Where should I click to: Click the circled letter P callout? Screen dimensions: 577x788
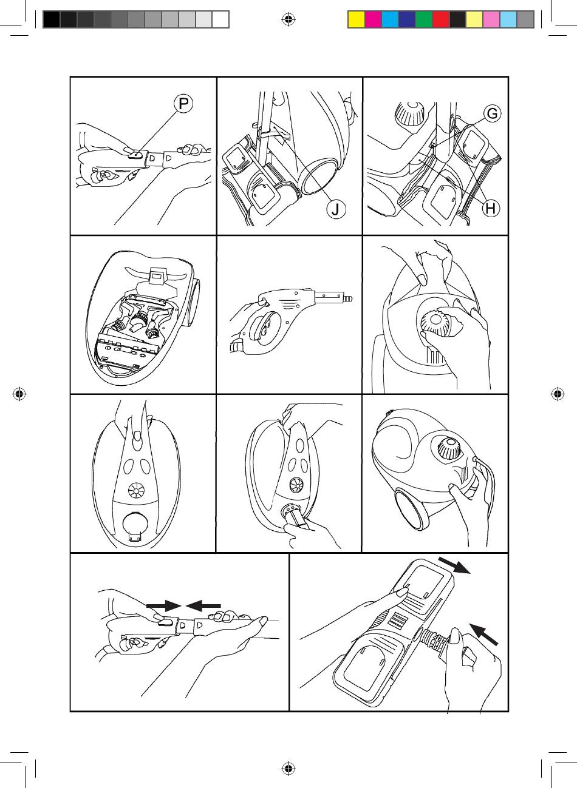click(183, 104)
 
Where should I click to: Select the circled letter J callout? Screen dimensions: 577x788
click(335, 209)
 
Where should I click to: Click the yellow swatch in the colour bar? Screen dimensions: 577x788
click(356, 20)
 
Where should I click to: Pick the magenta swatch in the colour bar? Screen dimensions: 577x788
click(373, 20)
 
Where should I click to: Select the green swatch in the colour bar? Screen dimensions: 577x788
click(423, 20)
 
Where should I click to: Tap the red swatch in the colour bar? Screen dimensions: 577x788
click(440, 20)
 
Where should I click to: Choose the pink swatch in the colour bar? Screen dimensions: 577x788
click(491, 20)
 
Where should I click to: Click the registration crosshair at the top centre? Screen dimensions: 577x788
click(288, 20)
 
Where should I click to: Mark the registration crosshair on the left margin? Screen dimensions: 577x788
click(20, 394)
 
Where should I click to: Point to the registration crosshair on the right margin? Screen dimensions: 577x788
click(557, 394)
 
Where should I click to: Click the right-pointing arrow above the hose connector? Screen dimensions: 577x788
click(164, 605)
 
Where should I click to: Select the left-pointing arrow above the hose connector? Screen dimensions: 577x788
click(203, 605)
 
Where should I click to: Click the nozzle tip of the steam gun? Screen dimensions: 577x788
click(348, 300)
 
